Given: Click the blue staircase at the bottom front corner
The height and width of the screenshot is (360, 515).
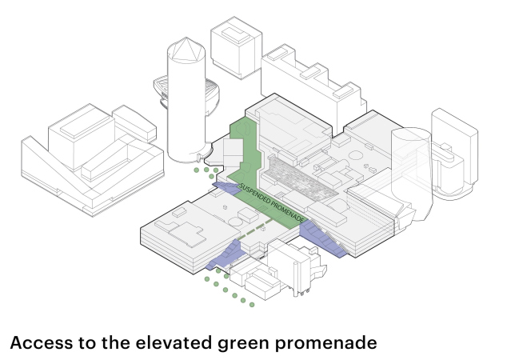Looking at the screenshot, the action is click(226, 254).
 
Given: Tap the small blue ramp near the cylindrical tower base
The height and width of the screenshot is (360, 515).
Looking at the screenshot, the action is click(226, 187).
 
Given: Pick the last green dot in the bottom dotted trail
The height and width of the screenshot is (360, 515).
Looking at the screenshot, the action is click(252, 305).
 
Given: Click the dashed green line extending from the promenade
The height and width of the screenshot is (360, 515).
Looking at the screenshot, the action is click(255, 229).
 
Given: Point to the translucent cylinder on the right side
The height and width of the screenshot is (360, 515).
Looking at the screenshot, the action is click(412, 174).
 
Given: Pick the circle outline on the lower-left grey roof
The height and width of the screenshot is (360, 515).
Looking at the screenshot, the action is click(234, 221).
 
